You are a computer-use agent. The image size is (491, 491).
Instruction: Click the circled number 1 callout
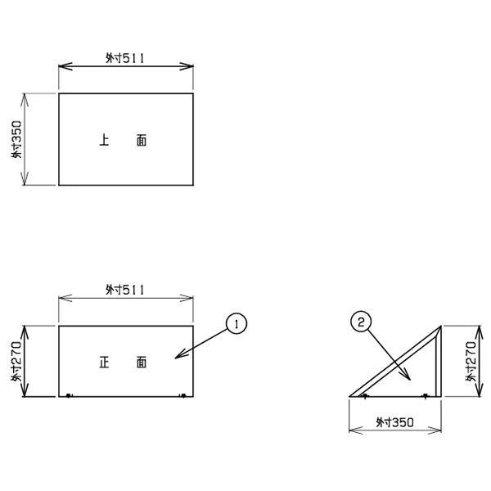point(236,323)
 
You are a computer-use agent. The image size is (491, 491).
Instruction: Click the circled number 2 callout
point(361,322)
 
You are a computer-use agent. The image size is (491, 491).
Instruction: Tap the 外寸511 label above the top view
point(125,58)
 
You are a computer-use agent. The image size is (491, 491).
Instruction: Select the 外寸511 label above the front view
point(125,290)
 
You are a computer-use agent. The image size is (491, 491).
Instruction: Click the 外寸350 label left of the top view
point(17,139)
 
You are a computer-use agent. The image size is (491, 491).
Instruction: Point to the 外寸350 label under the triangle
point(395,422)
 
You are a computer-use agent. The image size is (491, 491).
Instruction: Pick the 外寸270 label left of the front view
point(16,361)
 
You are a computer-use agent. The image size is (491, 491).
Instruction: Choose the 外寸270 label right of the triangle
point(471,361)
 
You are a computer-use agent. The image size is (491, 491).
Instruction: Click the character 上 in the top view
point(104,140)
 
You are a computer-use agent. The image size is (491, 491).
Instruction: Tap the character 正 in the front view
point(104,362)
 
